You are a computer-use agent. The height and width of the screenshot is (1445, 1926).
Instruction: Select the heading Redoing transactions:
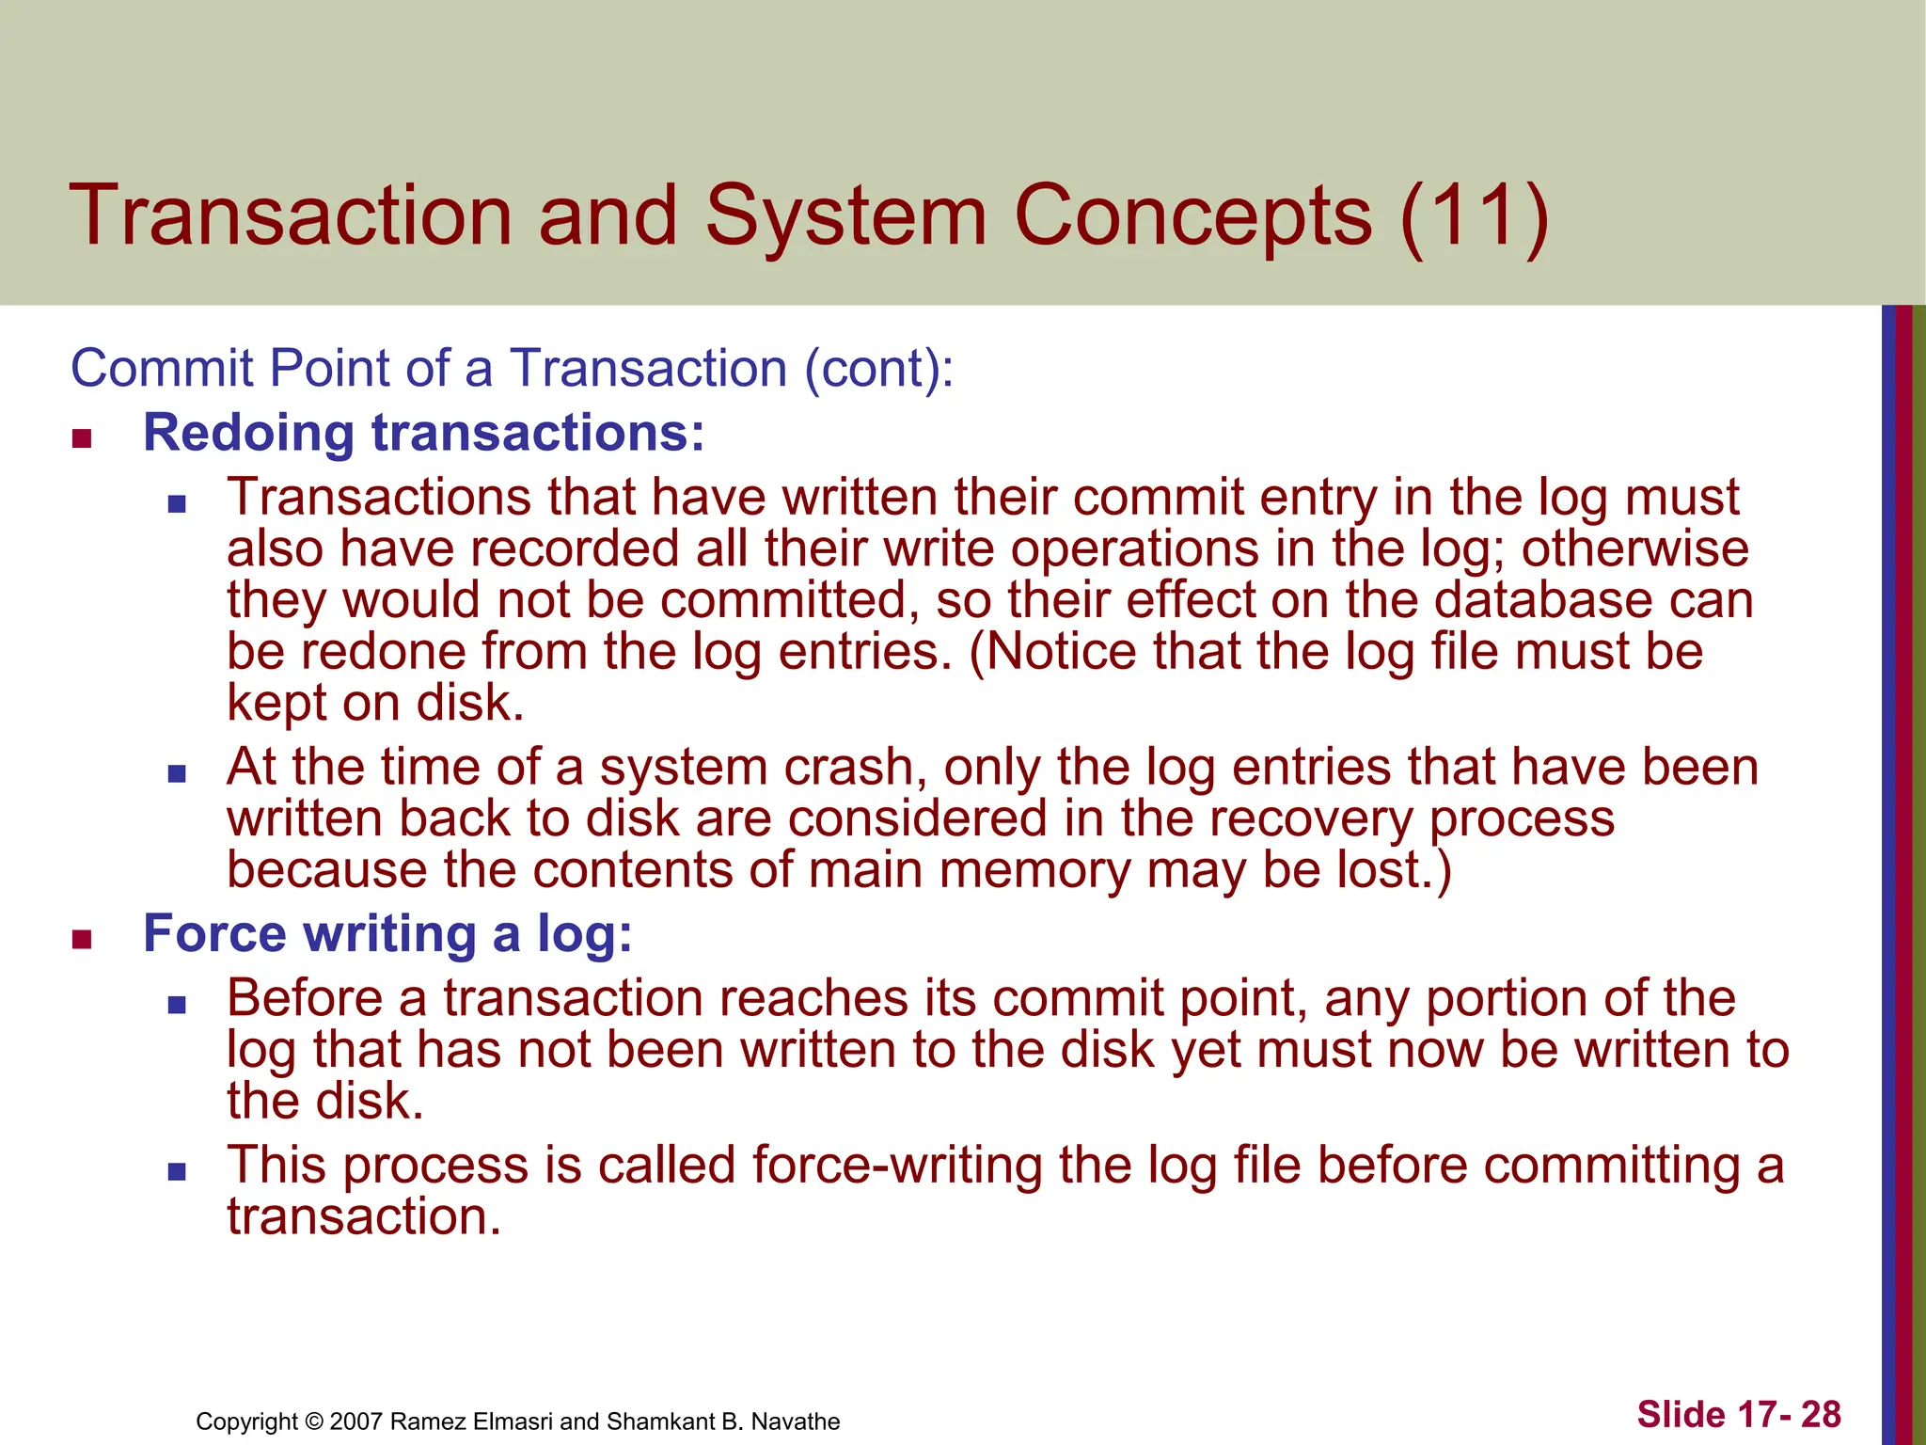pos(423,433)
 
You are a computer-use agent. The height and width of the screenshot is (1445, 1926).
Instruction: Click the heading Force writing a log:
pos(387,933)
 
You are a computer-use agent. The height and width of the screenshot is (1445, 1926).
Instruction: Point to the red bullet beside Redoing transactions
pos(82,438)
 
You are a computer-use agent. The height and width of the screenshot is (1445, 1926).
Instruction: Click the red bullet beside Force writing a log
pos(82,939)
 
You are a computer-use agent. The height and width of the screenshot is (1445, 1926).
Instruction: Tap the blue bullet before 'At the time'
pos(177,773)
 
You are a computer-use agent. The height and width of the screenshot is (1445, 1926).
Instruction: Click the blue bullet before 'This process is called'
pos(177,1172)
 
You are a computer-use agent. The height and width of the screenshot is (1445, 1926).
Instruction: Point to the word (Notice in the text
pos(1052,651)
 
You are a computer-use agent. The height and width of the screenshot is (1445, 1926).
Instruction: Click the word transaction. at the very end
pos(364,1216)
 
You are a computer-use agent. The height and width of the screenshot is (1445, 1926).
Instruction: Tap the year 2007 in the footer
pos(356,1421)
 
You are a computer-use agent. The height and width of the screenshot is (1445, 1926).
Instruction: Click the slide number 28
pos(1821,1414)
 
